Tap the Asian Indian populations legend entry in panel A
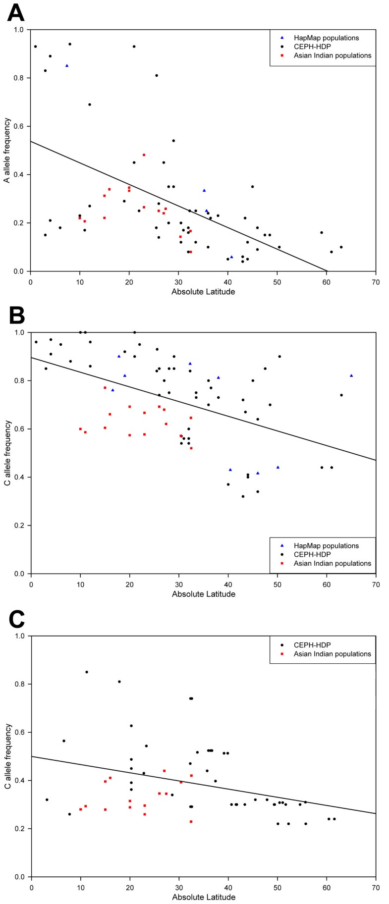pos(332,55)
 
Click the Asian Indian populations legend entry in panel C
pos(332,654)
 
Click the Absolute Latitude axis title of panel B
pos(203,593)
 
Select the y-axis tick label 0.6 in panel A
pos(18,126)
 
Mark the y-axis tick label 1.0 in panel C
pos(18,636)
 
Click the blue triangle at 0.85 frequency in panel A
pos(67,65)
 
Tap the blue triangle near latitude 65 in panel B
pos(351,375)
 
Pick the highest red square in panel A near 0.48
pos(144,155)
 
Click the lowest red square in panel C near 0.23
pos(191,821)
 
